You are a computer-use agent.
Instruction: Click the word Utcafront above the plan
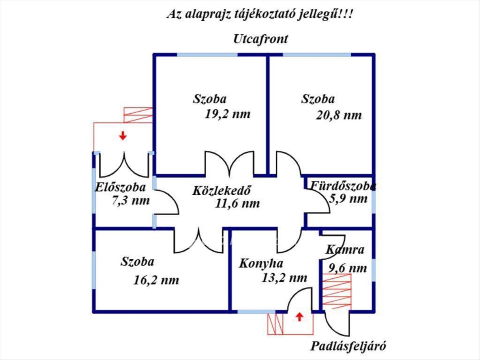260,39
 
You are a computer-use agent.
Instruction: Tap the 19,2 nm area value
228,114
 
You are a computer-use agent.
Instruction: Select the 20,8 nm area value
339,116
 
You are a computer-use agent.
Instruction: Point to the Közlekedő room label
221,190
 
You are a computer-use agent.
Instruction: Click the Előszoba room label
120,188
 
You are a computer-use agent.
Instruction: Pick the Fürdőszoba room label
343,186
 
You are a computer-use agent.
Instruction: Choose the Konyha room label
261,264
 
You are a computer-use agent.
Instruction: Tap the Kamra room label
345,250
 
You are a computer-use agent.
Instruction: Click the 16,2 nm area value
156,280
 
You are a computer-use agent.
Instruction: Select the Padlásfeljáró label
348,346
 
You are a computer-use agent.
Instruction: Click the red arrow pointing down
123,136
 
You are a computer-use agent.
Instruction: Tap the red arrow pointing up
299,317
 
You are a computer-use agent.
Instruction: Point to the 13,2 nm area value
284,278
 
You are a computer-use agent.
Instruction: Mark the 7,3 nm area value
130,200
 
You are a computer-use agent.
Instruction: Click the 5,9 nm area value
348,199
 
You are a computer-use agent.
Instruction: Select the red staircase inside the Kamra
337,292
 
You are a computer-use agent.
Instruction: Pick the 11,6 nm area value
238,204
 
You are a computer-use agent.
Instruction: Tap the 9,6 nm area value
348,268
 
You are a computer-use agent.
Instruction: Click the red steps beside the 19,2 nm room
138,115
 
